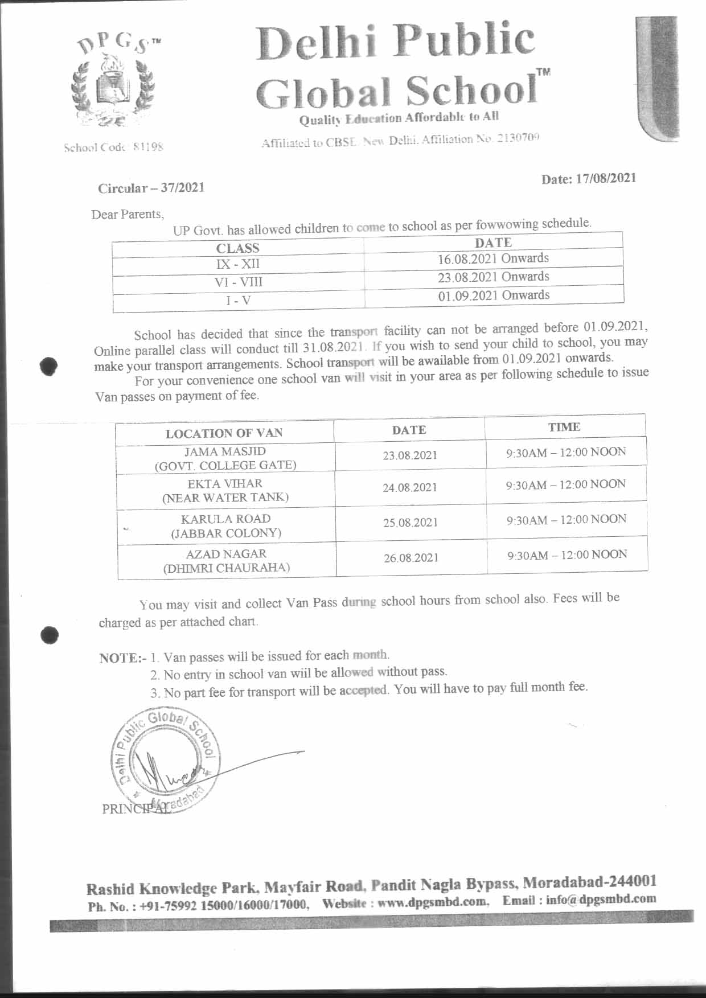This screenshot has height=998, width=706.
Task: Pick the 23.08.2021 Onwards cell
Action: pyautogui.click(x=493, y=277)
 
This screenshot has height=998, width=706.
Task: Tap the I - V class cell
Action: pyautogui.click(x=238, y=301)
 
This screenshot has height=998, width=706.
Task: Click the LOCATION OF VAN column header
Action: pyautogui.click(x=224, y=433)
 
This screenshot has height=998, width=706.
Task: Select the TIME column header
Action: pyautogui.click(x=564, y=427)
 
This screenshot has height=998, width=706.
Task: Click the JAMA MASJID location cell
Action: pyautogui.click(x=225, y=458)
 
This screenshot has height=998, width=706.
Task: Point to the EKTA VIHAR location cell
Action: pyautogui.click(x=225, y=490)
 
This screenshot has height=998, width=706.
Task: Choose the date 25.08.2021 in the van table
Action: pyautogui.click(x=410, y=523)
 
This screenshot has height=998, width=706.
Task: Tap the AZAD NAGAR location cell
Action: pyautogui.click(x=227, y=560)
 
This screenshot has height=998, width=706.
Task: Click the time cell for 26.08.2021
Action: pyautogui.click(x=567, y=555)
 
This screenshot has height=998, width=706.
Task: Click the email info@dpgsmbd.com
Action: pyautogui.click(x=601, y=900)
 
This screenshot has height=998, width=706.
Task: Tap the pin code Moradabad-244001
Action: pyautogui.click(x=589, y=882)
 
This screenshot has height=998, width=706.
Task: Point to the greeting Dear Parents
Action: pyautogui.click(x=128, y=215)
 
